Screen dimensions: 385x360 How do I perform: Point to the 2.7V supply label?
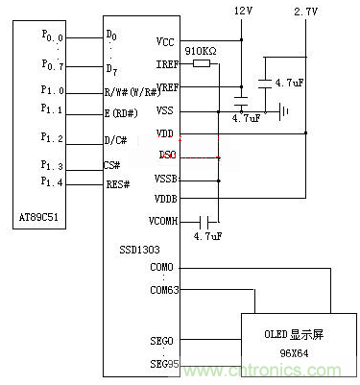point(304,11)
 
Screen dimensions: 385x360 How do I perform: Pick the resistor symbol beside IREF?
point(201,64)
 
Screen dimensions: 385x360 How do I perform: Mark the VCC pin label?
point(164,41)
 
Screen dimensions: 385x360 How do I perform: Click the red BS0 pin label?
point(167,156)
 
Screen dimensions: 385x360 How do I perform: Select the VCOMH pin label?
point(163,220)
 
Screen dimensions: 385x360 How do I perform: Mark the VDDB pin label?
point(165,199)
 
